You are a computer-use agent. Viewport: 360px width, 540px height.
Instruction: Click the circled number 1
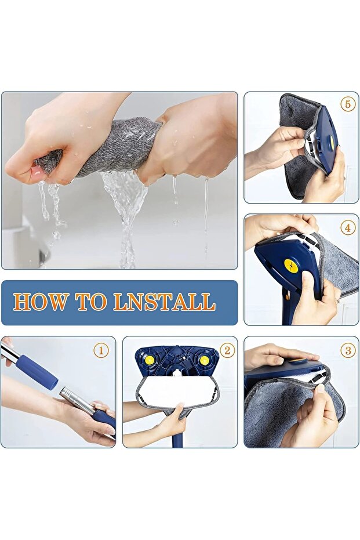pos(101,350)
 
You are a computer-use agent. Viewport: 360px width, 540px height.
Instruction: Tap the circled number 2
pos(227,350)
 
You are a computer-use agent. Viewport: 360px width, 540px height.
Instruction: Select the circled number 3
pos(348,350)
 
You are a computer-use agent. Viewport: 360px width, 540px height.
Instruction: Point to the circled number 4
pos(348,228)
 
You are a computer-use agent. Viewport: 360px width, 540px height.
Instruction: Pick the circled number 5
pos(348,104)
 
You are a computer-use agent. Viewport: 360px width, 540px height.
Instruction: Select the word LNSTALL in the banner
pos(165,302)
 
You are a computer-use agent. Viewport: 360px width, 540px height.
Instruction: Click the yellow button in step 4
pos(291,266)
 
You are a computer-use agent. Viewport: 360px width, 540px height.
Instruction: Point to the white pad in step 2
pos(177,390)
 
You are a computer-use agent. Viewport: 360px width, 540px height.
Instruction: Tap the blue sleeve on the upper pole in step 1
pos(38,372)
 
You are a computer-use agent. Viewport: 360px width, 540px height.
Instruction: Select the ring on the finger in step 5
pos(346,177)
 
